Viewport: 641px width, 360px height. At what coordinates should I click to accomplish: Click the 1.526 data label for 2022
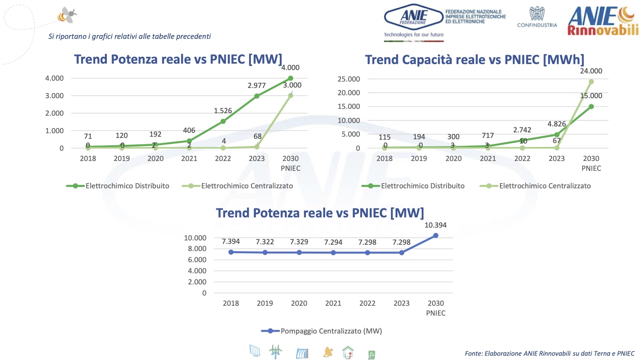[223, 111]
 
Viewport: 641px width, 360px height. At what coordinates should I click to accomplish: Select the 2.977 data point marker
[257, 96]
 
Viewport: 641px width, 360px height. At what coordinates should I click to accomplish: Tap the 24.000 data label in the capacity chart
[591, 71]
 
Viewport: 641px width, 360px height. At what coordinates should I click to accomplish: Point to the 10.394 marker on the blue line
[436, 235]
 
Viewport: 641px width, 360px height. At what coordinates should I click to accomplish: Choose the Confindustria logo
[537, 17]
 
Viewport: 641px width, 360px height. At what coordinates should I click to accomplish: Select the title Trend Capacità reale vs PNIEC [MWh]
[474, 60]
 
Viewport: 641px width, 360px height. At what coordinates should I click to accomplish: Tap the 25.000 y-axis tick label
[349, 79]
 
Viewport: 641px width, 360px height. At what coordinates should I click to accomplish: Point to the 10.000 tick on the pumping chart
[195, 238]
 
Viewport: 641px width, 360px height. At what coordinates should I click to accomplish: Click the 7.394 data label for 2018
[231, 242]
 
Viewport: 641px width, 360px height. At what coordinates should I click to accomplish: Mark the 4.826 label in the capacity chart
[556, 124]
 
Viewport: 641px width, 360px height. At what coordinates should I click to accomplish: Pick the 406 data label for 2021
[189, 131]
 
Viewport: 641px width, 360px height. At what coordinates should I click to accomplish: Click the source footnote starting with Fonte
[550, 354]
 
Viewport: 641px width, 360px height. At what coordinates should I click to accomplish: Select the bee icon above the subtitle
[68, 15]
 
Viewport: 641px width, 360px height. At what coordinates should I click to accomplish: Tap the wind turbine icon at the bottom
[276, 352]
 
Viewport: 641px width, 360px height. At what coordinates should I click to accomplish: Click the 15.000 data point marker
[591, 107]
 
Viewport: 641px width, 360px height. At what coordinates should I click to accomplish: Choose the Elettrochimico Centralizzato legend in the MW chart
[238, 186]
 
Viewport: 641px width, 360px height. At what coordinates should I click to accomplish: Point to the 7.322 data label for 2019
[265, 242]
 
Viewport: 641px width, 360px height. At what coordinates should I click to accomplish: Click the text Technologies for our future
[414, 35]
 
